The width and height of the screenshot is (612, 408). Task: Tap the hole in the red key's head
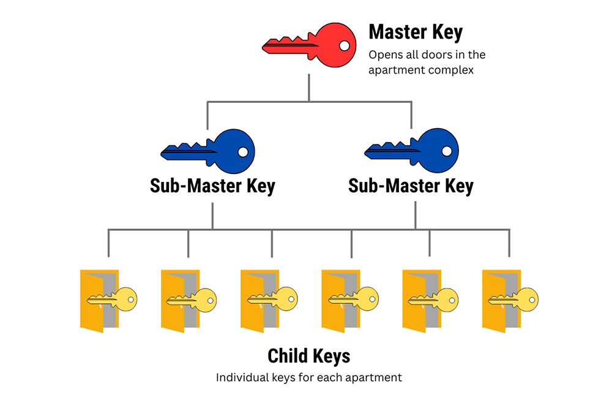345,45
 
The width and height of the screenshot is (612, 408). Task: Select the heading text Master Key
415,32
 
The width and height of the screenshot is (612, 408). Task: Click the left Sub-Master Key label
212,186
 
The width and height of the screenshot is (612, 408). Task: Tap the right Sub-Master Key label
411,186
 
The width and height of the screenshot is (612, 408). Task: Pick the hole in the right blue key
447,151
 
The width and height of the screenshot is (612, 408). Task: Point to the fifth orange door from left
414,300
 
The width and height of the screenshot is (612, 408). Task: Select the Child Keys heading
309,357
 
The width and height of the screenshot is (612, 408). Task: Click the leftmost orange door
92,300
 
